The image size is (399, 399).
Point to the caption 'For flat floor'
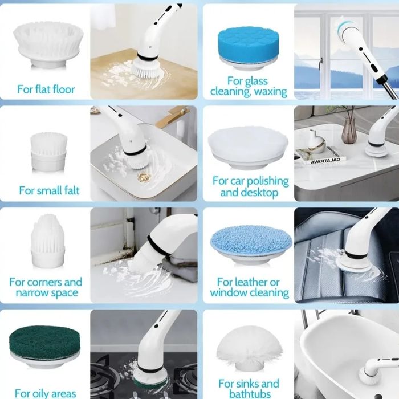[46, 89]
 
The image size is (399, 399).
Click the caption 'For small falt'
[49, 190]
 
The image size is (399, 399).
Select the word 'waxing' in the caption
[271, 91]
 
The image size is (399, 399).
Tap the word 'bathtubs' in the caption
[250, 394]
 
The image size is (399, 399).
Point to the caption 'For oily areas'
[45, 393]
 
